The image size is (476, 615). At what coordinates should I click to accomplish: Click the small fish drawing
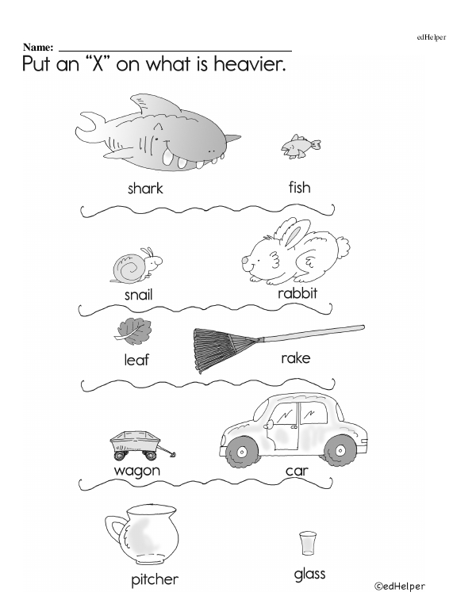coord(301,147)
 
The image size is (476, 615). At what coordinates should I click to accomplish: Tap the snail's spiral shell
coord(129,268)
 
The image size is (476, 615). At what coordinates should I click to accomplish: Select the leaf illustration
coord(133,331)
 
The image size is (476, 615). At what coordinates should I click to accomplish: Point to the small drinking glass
coord(308,543)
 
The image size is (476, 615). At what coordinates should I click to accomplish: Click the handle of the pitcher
coord(115,529)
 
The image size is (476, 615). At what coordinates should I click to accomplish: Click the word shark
coord(145,189)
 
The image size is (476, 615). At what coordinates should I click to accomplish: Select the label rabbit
coord(297,293)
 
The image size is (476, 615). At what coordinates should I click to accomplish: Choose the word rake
coord(296,357)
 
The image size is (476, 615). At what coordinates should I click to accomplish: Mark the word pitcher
coord(155,579)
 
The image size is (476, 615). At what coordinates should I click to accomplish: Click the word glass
coord(310,574)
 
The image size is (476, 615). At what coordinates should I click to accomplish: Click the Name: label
coord(38,48)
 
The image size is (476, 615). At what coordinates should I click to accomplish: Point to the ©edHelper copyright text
coord(399,586)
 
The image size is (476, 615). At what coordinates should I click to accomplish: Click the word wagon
coord(137,471)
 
